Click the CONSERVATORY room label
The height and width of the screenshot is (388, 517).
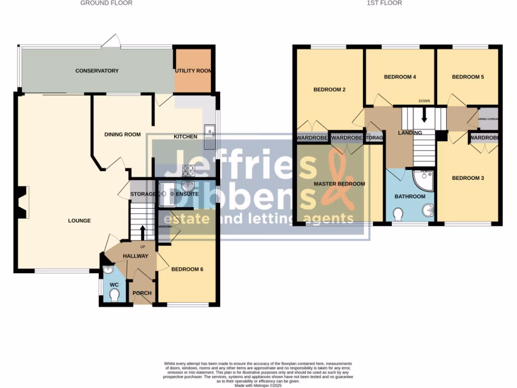97,71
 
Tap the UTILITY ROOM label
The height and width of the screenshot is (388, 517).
193,71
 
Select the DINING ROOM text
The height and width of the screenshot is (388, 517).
122,134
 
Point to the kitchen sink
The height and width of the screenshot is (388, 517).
210,137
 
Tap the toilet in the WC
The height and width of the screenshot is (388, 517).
115,295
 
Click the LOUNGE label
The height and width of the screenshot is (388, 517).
80,221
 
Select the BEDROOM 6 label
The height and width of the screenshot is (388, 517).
187,269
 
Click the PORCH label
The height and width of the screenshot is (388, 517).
142,294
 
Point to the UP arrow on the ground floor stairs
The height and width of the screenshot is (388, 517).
142,233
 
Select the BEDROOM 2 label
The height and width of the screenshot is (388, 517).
329,90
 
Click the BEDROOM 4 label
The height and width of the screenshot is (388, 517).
400,77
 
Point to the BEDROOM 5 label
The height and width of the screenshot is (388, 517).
468,77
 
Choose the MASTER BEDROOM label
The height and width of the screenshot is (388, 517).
339,184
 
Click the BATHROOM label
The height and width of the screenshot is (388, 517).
409,197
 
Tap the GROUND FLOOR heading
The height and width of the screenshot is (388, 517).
107,3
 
